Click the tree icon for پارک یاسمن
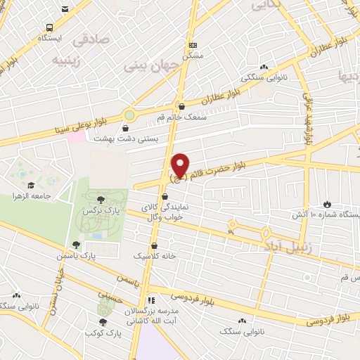click(76, 245)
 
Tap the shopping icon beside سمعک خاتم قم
click(181, 107)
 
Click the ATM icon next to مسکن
click(193, 45)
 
